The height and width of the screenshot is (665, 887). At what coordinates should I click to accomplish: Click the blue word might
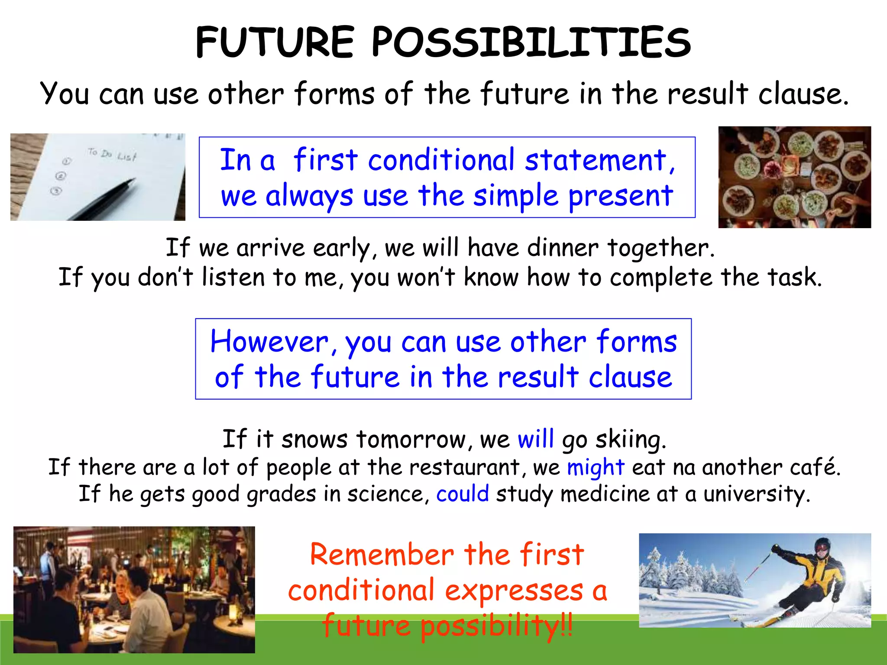(596, 468)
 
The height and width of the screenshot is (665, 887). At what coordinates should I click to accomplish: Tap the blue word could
(462, 494)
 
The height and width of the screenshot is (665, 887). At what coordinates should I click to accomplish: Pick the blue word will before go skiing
(535, 439)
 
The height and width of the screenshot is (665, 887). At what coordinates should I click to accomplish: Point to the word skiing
(630, 440)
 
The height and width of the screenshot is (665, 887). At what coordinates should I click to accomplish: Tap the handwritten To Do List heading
(112, 154)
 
